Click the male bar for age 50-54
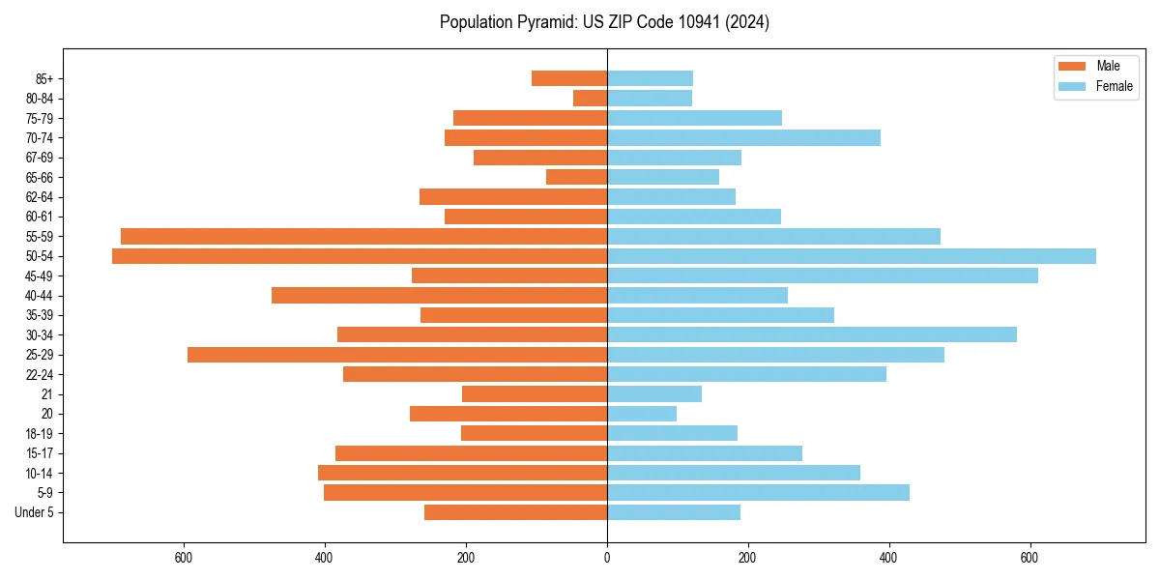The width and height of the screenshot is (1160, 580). click(360, 256)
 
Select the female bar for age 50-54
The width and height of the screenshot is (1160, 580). click(852, 256)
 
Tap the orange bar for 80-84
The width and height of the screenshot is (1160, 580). click(590, 99)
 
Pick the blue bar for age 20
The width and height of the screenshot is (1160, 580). click(642, 414)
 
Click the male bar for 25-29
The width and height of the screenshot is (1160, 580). click(397, 355)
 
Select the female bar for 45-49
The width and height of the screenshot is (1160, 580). click(823, 275)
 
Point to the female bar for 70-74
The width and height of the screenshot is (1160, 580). click(743, 138)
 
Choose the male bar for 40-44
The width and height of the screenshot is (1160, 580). click(439, 296)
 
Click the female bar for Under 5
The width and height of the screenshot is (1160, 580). click(674, 512)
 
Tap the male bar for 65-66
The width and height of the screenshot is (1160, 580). click(576, 177)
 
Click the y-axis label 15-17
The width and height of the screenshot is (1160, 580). click(39, 453)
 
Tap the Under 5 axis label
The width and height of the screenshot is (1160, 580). click(34, 512)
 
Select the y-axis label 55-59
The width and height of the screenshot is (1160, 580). click(39, 237)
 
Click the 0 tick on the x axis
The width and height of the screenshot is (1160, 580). click(607, 558)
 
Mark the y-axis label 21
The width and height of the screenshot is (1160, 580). click(47, 394)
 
